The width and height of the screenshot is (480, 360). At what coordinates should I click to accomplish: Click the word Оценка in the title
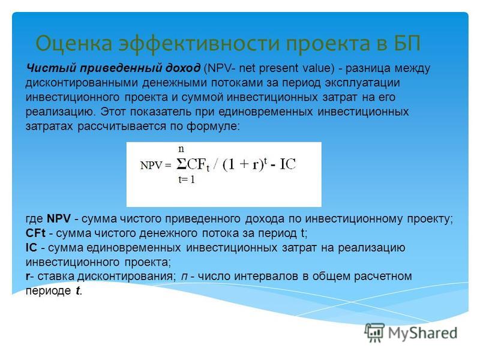tap(74, 43)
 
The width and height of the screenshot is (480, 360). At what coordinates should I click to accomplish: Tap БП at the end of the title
tap(407, 43)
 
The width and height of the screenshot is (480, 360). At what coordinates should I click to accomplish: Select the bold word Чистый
tap(52, 68)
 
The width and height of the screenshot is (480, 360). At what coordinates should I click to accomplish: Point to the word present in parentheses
tap(278, 68)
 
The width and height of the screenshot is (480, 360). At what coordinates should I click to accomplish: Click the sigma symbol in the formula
tap(181, 164)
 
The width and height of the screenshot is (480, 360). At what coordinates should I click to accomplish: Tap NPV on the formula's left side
tap(151, 166)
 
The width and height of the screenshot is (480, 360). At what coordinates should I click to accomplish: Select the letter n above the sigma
tap(181, 149)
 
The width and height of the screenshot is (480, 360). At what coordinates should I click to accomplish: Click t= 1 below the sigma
tap(187, 179)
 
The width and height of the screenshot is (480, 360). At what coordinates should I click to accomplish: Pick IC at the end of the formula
tap(288, 164)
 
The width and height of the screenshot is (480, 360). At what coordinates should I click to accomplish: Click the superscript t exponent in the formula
tap(265, 160)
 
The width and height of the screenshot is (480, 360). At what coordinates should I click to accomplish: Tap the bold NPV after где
tap(59, 218)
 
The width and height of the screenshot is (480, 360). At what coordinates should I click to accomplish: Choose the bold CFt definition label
tap(35, 233)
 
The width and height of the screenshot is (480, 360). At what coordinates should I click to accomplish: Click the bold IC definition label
tap(31, 247)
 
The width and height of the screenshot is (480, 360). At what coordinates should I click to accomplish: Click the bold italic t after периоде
tap(78, 290)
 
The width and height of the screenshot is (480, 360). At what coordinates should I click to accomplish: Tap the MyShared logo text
tap(423, 333)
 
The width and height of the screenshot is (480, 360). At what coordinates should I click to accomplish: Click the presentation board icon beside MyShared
tap(374, 332)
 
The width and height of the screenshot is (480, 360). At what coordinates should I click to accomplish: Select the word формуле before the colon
tap(211, 126)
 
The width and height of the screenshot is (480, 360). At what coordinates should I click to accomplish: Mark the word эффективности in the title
tap(199, 43)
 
